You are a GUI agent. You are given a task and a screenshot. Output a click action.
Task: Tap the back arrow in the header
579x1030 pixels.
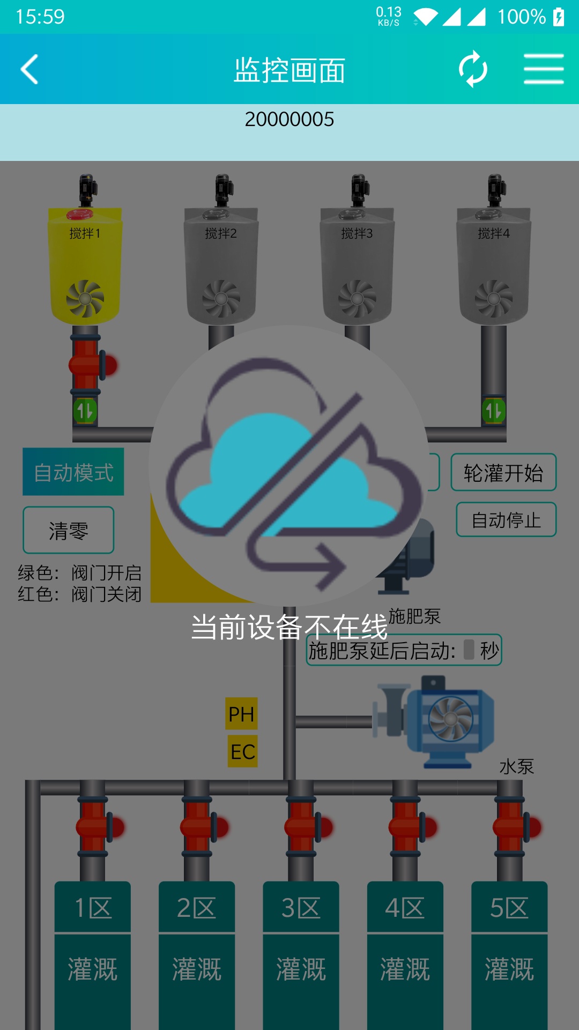coord(29,69)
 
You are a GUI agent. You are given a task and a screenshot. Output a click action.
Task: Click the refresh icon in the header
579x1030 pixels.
coord(473,69)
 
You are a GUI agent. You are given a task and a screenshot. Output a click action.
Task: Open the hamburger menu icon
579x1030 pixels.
coord(544,69)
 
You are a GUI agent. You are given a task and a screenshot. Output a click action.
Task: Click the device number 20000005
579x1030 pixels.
coord(289,119)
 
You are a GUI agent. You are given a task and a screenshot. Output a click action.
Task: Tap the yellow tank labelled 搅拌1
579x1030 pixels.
coord(85,266)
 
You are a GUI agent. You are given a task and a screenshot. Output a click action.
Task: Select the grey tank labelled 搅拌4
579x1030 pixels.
coord(494,266)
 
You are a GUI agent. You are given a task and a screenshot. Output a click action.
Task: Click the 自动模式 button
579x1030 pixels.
coord(73,472)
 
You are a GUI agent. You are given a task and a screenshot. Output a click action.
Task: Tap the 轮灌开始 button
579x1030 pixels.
coord(503,473)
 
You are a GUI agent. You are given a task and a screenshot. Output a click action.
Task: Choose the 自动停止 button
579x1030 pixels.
coord(506,520)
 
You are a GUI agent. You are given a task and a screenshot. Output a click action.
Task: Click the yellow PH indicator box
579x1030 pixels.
coord(241,713)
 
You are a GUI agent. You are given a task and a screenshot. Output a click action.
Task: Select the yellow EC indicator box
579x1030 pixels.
coord(242,752)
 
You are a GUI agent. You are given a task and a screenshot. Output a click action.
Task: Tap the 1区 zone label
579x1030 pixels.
coord(93,907)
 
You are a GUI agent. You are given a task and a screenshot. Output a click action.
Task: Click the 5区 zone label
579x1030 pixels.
coord(509,907)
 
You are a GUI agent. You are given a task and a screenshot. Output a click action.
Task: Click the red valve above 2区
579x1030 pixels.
coord(204,827)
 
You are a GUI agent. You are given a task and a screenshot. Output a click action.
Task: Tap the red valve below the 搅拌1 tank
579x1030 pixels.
coord(92,364)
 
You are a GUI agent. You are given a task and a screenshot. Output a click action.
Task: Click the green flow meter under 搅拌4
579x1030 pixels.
coord(494,411)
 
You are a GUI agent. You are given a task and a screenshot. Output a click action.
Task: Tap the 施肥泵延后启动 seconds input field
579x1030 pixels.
coord(469,650)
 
